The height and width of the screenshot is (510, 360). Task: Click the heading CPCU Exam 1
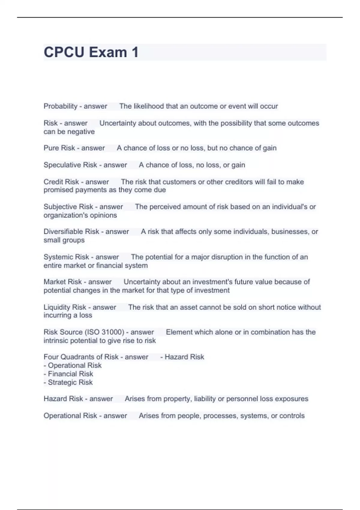click(91, 52)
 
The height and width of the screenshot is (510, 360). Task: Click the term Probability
click(60, 106)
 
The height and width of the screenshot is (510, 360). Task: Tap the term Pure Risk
click(59, 148)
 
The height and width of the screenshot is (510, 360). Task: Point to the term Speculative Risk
click(70, 165)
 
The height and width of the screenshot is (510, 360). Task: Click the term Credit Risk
click(61, 182)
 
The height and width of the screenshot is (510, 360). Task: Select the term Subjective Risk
click(68, 207)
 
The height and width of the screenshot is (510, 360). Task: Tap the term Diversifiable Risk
click(71, 232)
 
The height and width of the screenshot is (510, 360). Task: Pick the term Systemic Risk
click(66, 257)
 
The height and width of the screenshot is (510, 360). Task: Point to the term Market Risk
click(62, 282)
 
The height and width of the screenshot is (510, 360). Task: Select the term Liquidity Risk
click(64, 307)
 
